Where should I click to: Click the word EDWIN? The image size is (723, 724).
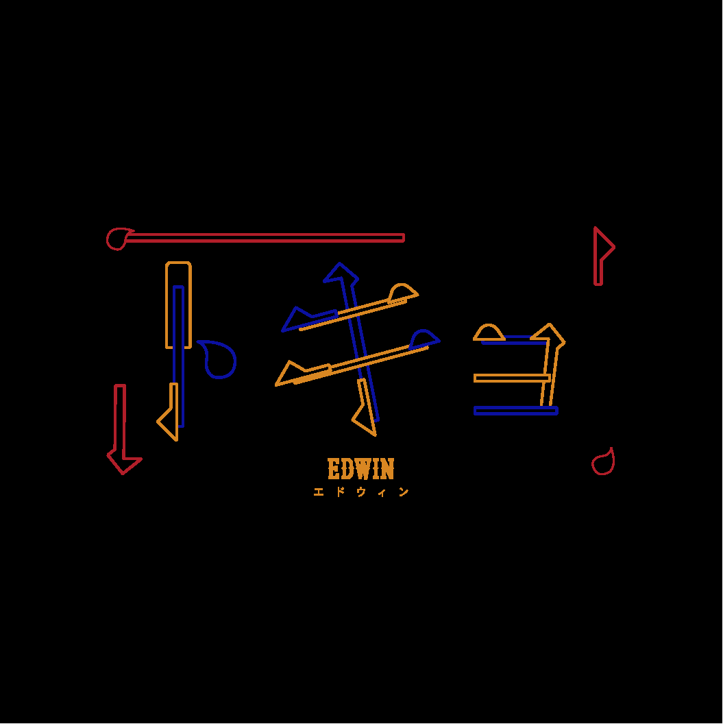(361, 470)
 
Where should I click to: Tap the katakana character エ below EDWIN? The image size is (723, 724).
(319, 492)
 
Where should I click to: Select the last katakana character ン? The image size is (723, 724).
(404, 492)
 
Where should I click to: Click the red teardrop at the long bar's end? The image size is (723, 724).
(118, 239)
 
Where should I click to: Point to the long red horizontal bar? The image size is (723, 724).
(267, 238)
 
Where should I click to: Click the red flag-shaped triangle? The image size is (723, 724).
(602, 247)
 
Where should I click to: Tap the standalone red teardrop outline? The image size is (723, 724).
(603, 463)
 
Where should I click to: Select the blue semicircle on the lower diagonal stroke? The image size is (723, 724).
(424, 339)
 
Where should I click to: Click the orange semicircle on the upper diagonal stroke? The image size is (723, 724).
(402, 293)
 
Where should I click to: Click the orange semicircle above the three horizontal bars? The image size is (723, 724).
(489, 333)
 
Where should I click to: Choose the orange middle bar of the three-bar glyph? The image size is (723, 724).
(512, 378)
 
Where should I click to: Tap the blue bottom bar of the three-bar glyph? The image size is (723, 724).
(515, 411)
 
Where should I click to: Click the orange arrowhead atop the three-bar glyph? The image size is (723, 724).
(550, 333)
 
